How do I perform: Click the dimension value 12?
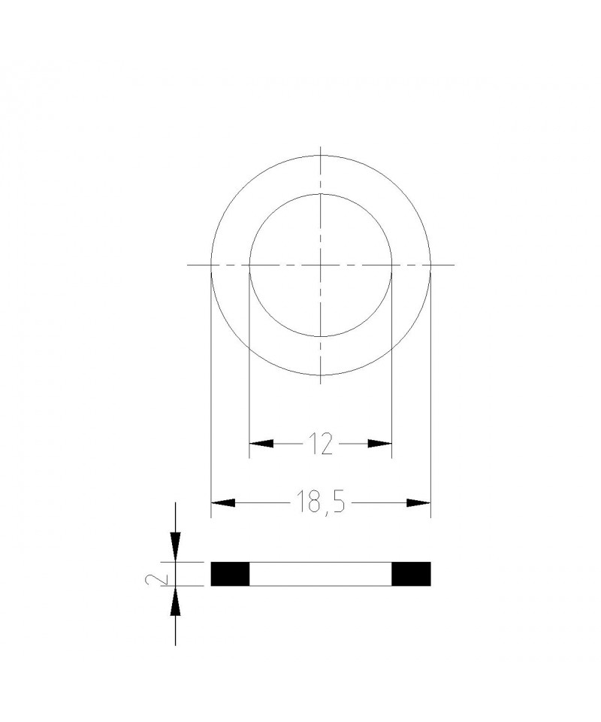click(x=320, y=444)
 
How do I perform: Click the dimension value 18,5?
click(x=320, y=502)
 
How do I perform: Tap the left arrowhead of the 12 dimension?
click(x=261, y=444)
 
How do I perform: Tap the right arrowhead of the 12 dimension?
click(x=379, y=444)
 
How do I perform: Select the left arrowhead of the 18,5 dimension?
click(x=223, y=503)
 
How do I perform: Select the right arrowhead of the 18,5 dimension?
click(x=418, y=503)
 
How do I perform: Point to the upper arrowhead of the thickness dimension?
click(x=175, y=548)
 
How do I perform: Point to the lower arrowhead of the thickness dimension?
click(x=175, y=600)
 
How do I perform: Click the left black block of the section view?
click(x=230, y=574)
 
